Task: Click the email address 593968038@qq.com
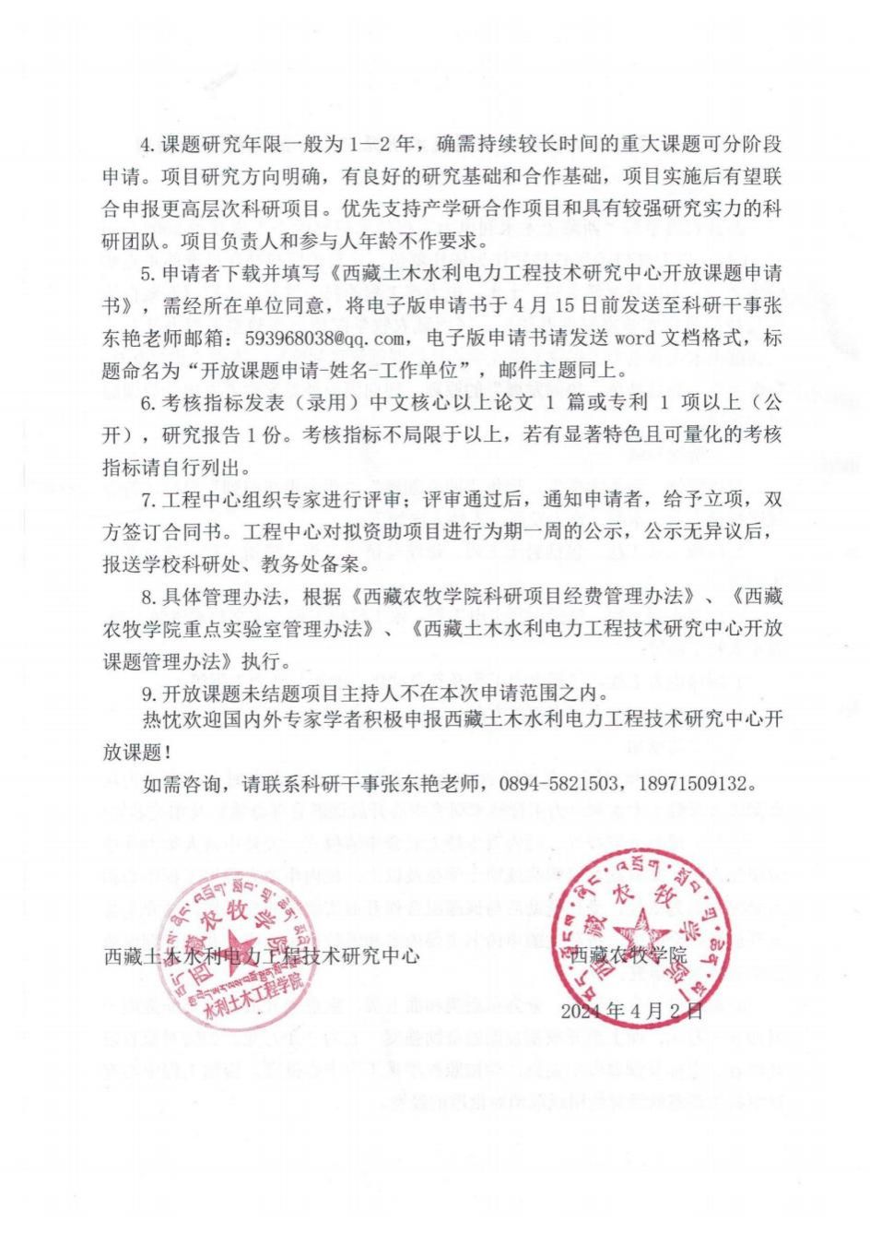(x=320, y=339)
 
